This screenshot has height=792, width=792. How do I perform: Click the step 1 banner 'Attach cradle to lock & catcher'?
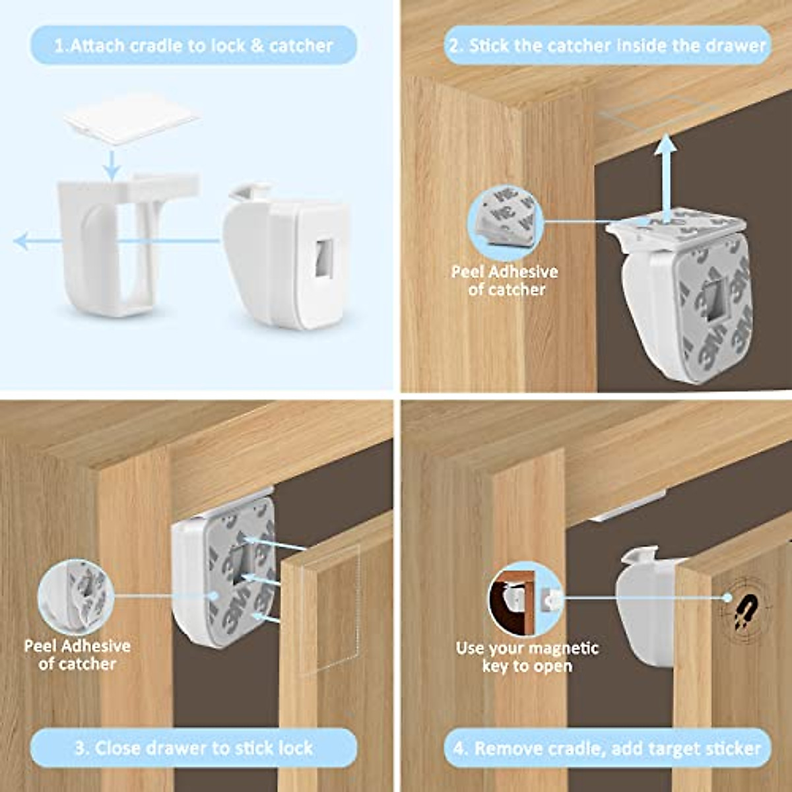point(193,46)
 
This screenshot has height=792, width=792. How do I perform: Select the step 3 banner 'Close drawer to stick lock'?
point(193,748)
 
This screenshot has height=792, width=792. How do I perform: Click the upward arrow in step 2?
point(667,172)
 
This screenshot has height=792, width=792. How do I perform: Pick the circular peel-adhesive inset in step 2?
point(505,221)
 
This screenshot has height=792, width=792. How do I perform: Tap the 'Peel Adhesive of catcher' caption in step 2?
point(505,280)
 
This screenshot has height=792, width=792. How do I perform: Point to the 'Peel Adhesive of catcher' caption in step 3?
point(77,655)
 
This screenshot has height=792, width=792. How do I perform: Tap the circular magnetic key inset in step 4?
point(525,599)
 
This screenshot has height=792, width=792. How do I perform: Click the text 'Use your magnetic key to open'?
point(527,657)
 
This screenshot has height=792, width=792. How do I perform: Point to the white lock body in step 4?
point(643,607)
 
